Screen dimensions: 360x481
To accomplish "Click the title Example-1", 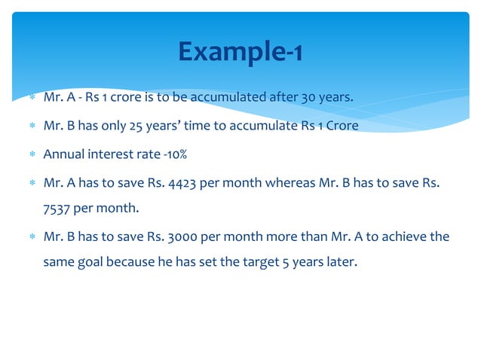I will (240, 51).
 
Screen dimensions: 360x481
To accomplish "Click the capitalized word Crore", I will (341, 126).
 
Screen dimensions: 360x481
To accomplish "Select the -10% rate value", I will (173, 154).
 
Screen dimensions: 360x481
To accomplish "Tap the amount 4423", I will (182, 182).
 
